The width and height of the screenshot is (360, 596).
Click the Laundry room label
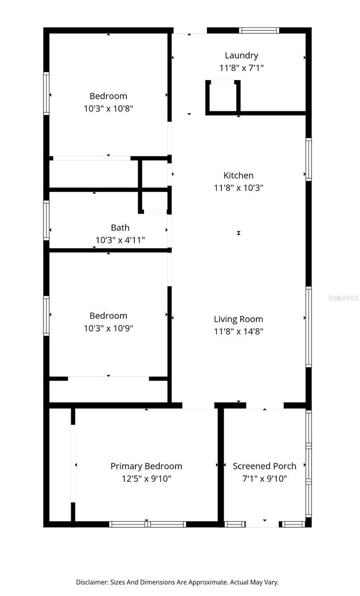(x=241, y=56)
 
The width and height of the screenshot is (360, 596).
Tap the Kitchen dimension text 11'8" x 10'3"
(x=238, y=188)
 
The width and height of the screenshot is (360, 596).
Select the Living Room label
(x=238, y=319)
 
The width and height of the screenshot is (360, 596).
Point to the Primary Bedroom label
(x=146, y=466)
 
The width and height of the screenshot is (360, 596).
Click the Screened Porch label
(x=265, y=466)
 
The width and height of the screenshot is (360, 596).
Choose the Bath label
(x=120, y=227)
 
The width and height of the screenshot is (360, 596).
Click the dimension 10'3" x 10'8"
(x=108, y=108)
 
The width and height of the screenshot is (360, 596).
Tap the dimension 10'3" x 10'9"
(x=108, y=328)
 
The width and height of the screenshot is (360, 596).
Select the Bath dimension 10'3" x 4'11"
(x=120, y=240)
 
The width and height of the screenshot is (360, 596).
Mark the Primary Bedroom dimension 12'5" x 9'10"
(x=146, y=479)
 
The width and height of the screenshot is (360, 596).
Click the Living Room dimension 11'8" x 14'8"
(x=238, y=332)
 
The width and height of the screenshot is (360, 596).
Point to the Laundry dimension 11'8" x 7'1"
(x=241, y=68)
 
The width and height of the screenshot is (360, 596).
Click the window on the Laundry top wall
(x=259, y=30)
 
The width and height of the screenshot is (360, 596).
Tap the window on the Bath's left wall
(x=46, y=220)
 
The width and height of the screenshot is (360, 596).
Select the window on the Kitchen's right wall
(x=308, y=159)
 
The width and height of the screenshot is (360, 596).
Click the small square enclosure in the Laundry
(x=223, y=97)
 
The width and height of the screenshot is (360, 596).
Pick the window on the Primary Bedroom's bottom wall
(x=147, y=524)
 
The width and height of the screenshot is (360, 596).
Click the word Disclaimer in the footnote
(x=92, y=582)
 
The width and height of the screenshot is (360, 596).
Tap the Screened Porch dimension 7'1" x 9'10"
(x=265, y=479)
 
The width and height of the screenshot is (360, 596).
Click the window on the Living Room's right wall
(x=308, y=327)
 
